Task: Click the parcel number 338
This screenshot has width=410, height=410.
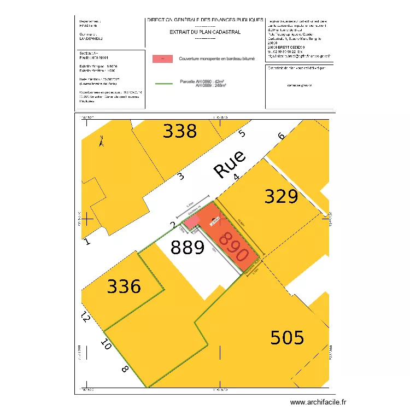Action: [180, 131]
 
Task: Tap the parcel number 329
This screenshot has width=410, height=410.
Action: [281, 196]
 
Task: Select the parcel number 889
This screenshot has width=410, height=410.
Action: [188, 248]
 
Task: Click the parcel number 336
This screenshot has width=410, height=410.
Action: [124, 286]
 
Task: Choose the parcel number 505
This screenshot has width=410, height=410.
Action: [288, 338]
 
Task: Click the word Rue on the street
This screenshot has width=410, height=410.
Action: [230, 162]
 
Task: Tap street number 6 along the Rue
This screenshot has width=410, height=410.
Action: [282, 137]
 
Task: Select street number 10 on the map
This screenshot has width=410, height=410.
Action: [106, 344]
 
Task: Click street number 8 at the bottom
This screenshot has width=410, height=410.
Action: [125, 370]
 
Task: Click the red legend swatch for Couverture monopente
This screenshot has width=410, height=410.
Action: [162, 58]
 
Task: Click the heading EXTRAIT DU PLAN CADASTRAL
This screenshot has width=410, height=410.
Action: [205, 32]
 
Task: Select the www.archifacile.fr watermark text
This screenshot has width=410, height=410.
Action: [318, 402]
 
